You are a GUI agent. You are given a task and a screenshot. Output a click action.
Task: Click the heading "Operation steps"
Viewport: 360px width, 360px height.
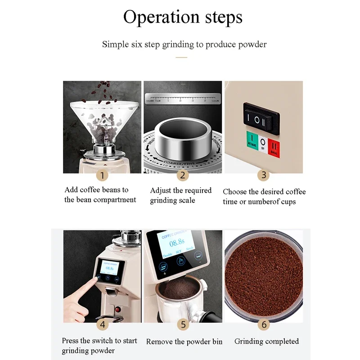pyautogui.click(x=183, y=17)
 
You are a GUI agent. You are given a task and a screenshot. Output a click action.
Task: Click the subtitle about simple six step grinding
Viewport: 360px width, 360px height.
pyautogui.click(x=184, y=44)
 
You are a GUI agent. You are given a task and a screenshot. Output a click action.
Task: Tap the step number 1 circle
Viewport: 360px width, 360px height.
pyautogui.click(x=102, y=175)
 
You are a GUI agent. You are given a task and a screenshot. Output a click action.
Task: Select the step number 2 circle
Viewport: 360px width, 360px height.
pyautogui.click(x=182, y=175)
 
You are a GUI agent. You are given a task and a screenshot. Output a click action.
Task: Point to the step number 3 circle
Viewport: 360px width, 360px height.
pyautogui.click(x=264, y=175)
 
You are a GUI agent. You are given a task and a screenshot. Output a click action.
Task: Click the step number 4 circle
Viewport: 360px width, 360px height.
pyautogui.click(x=102, y=324)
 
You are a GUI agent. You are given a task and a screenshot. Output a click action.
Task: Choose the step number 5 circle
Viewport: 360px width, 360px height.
pyautogui.click(x=182, y=324)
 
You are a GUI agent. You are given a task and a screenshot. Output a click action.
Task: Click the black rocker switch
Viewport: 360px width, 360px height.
pyautogui.click(x=261, y=121)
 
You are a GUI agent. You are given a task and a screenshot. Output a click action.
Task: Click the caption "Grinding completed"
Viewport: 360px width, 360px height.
pyautogui.click(x=266, y=341)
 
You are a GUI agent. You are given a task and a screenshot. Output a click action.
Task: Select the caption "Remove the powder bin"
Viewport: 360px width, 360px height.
pyautogui.click(x=184, y=342)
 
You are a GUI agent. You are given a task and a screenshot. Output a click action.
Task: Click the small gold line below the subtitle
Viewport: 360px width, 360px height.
pyautogui.click(x=181, y=58)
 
